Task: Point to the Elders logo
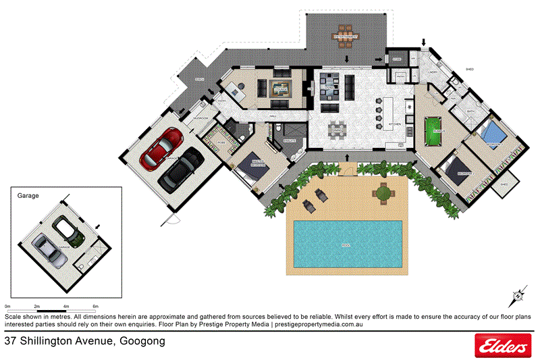pyautogui.click(x=502, y=346)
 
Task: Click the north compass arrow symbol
pyautogui.click(x=518, y=295)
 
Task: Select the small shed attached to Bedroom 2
pyautogui.click(x=503, y=184)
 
